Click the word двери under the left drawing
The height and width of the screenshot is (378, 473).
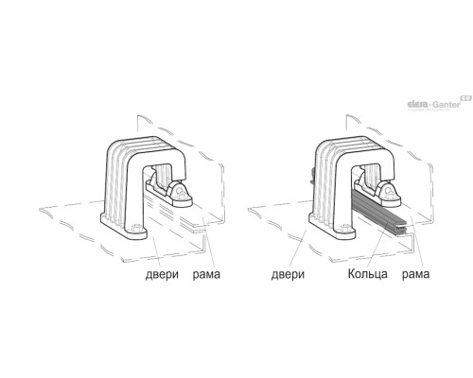[x=162, y=274]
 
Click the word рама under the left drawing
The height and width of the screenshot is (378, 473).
[x=206, y=274]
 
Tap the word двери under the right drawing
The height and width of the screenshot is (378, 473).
[x=288, y=274]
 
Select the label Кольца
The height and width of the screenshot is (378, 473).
[x=368, y=274]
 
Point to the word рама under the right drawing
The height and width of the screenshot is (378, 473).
[x=415, y=274]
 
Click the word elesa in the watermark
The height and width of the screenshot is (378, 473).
[x=418, y=104]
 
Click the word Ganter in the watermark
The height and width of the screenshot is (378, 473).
[x=447, y=104]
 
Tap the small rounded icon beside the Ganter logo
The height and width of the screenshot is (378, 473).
[x=466, y=98]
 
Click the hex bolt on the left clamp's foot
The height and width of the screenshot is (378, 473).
[x=136, y=228]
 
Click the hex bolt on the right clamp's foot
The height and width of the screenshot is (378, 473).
[x=345, y=228]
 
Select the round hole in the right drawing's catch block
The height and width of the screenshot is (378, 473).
[x=389, y=190]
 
